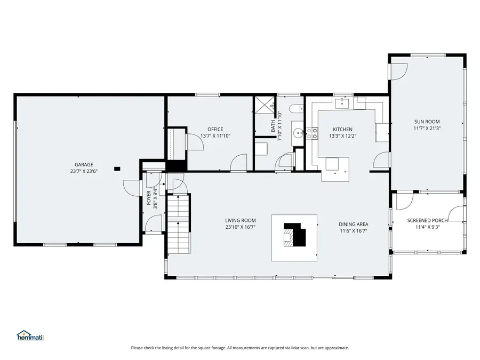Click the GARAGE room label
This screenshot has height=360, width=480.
[84, 164]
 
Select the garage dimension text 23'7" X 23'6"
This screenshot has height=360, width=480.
[84, 171]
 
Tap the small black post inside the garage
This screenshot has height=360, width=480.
[117, 169]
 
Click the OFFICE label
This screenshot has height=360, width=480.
[215, 129]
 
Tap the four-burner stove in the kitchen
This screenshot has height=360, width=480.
[311, 133]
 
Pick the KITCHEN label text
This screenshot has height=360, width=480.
[342, 129]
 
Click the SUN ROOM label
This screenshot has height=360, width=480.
[427, 121]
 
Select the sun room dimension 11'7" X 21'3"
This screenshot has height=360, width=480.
[427, 128]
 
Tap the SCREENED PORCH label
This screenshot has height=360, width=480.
[427, 220]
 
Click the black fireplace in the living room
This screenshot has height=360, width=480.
[295, 234]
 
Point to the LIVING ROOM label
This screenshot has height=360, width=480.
[240, 220]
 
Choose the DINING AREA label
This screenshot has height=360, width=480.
[354, 224]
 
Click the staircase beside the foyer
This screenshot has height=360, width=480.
[179, 224]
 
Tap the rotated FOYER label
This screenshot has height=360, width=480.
[149, 198]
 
